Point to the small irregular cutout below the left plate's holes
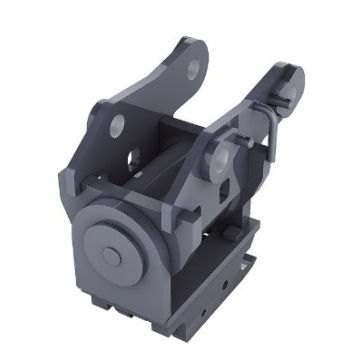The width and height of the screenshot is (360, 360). click(132, 162)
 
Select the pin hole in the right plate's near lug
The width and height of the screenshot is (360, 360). click(221, 158)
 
